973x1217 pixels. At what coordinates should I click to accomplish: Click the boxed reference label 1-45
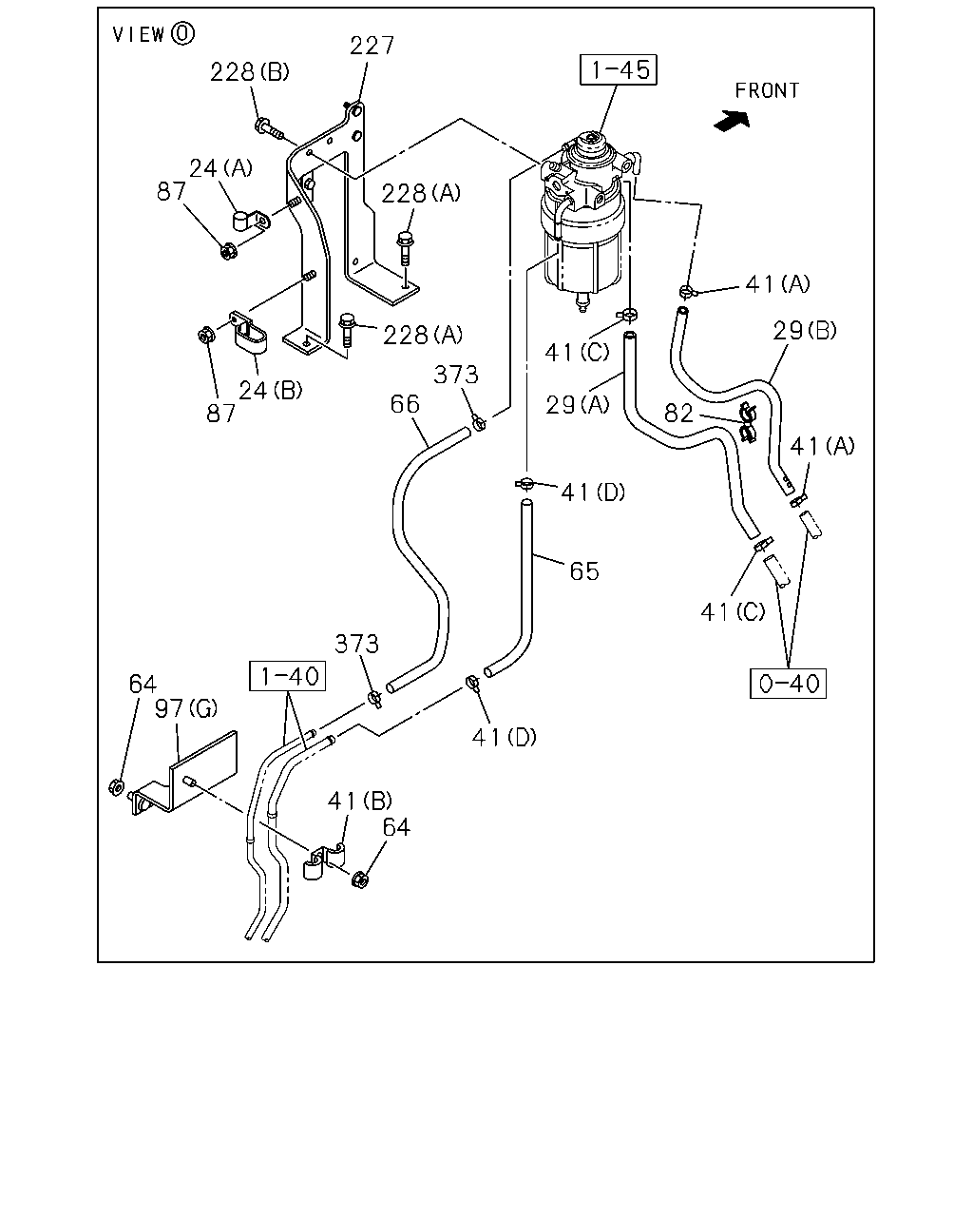click(619, 70)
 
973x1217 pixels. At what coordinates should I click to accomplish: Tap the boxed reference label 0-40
click(788, 684)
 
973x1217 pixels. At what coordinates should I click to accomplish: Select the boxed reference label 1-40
click(288, 676)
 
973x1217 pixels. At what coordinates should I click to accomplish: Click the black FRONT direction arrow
click(733, 121)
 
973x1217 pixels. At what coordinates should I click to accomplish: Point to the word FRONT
click(767, 90)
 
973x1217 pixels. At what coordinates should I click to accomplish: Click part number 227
click(372, 46)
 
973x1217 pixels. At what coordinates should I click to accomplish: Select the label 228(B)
click(249, 72)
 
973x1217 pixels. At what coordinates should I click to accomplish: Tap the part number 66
click(405, 404)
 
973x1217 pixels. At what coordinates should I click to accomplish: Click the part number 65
click(584, 571)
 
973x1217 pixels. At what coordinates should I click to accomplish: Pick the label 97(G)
click(186, 707)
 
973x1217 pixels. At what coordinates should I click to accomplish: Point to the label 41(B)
click(360, 801)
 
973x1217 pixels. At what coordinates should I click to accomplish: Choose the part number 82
click(678, 414)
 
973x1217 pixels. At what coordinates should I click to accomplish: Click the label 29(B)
click(805, 330)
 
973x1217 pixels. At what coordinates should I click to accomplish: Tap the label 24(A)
click(220, 168)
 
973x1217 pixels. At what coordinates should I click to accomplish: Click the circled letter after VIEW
click(182, 34)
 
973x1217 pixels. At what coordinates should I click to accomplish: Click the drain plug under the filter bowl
click(582, 301)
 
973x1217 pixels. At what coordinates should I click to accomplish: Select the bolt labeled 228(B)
click(270, 128)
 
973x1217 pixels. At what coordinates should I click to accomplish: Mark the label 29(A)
click(577, 405)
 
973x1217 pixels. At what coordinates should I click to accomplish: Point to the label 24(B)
click(270, 390)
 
